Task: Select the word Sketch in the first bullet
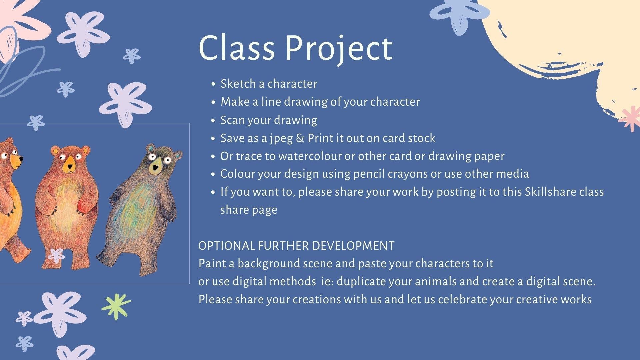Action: (238, 83)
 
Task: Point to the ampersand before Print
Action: (300, 138)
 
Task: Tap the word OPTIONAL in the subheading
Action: (227, 246)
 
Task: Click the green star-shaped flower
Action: (116, 306)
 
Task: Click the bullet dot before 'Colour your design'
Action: (213, 174)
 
